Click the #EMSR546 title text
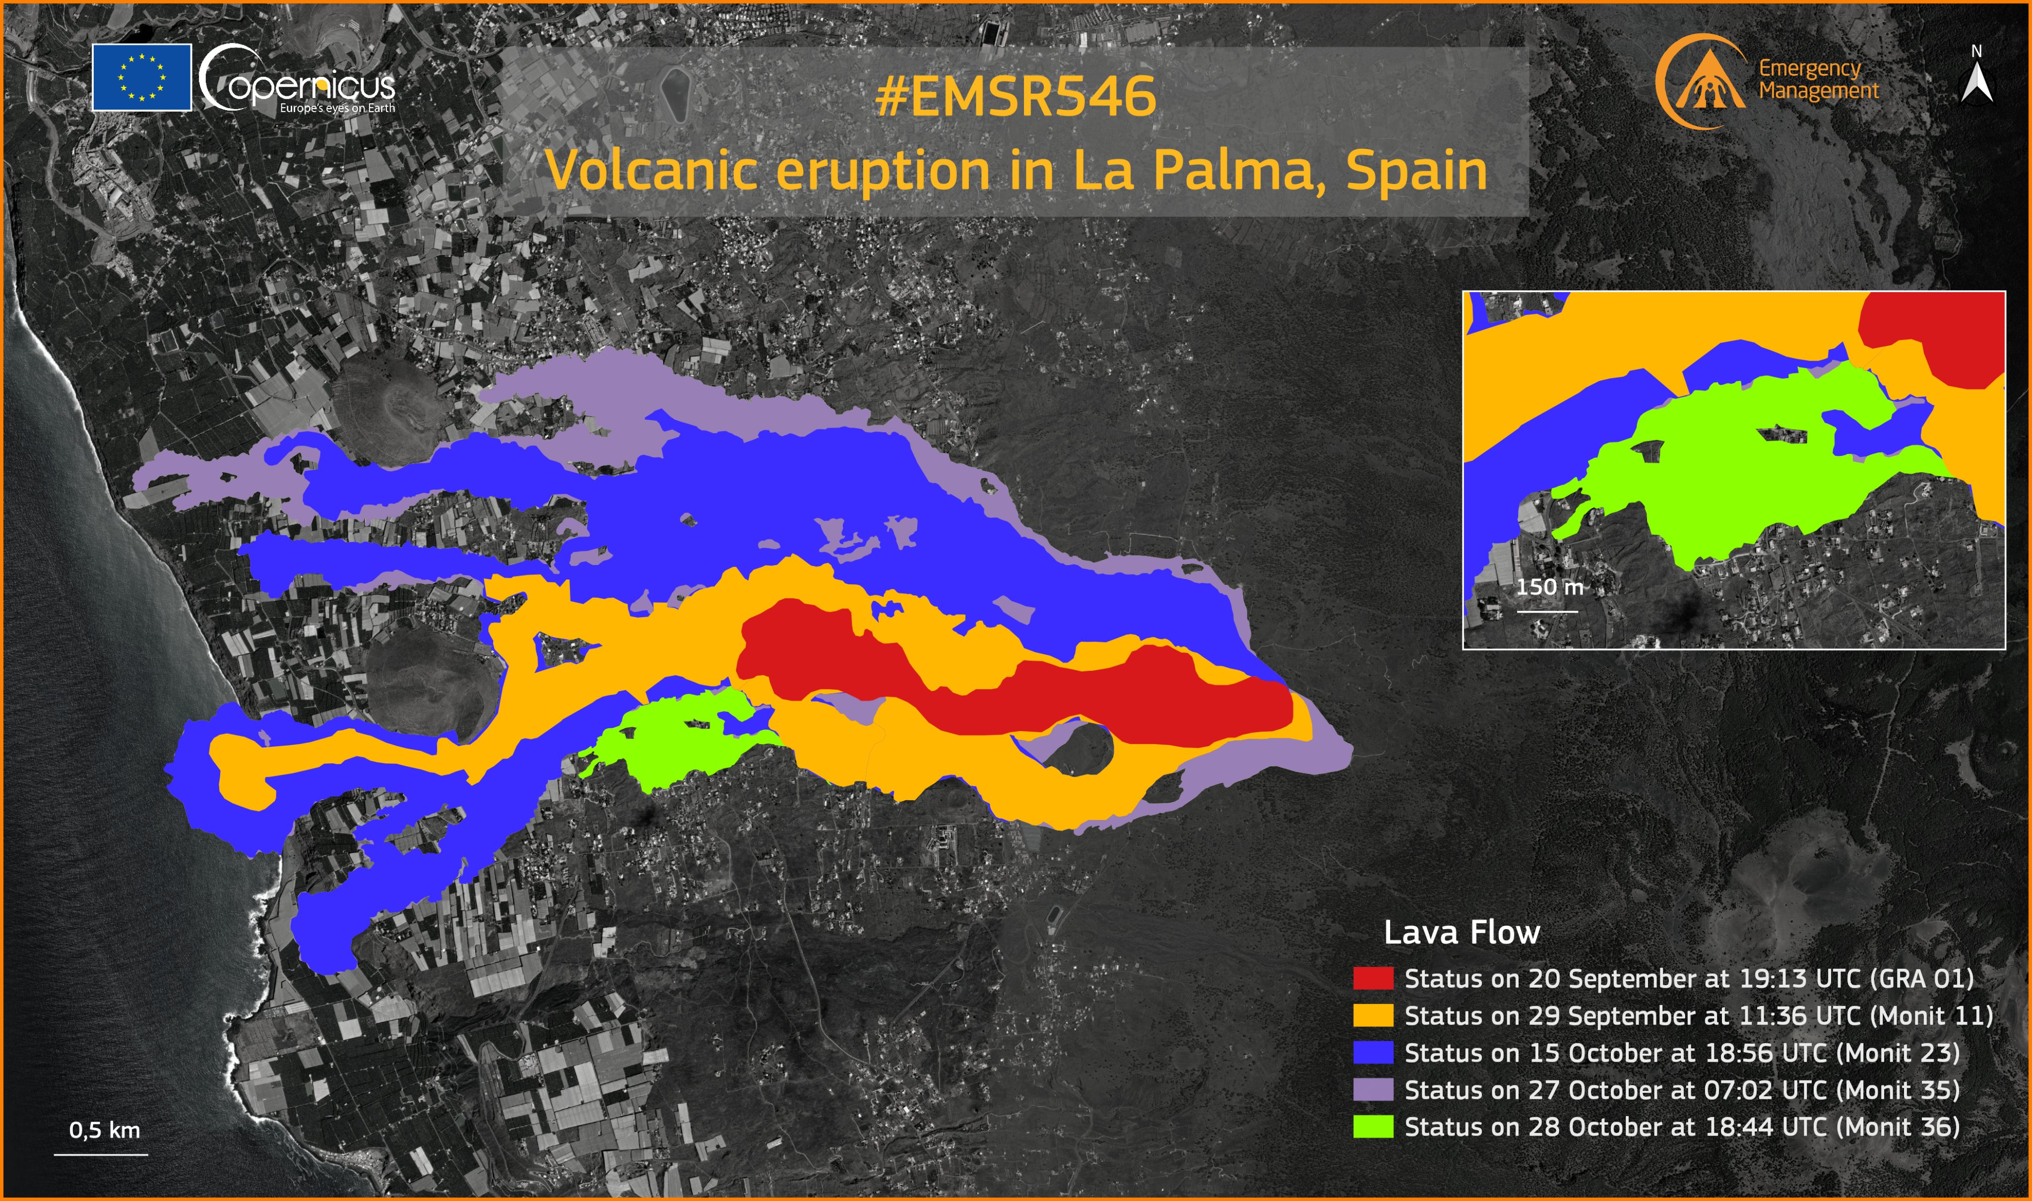1016,97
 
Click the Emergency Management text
1818,79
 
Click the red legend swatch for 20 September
1373,978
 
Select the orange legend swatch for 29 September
1373,1015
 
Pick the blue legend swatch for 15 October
1373,1053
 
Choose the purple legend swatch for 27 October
1373,1090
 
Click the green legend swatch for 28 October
1373,1127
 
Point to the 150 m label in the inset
1549,587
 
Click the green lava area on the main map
680,741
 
